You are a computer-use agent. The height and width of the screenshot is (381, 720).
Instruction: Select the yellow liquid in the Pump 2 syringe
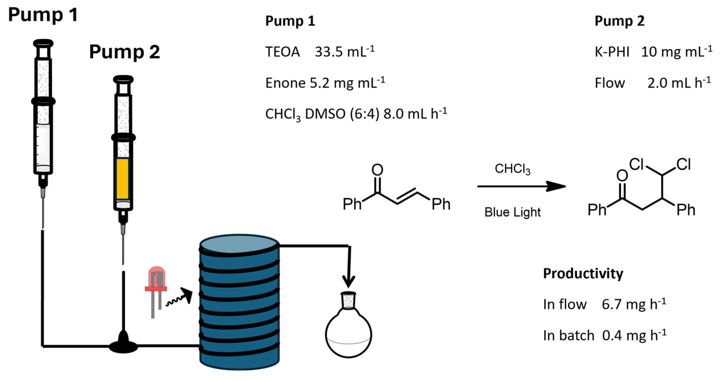[122, 179]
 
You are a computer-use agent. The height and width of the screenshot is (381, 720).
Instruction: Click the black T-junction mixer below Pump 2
[123, 345]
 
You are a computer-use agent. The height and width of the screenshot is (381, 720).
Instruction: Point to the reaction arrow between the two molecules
[521, 186]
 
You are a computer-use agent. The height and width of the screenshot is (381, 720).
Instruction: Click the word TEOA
[282, 52]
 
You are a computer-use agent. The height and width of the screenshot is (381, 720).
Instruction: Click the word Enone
[285, 83]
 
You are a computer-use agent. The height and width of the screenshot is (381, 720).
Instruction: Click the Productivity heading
[583, 274]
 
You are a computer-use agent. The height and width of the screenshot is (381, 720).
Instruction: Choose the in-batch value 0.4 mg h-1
[634, 335]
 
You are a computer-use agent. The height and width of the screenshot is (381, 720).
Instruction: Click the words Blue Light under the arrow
[512, 212]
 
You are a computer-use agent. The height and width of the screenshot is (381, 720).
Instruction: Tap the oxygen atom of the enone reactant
[377, 169]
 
